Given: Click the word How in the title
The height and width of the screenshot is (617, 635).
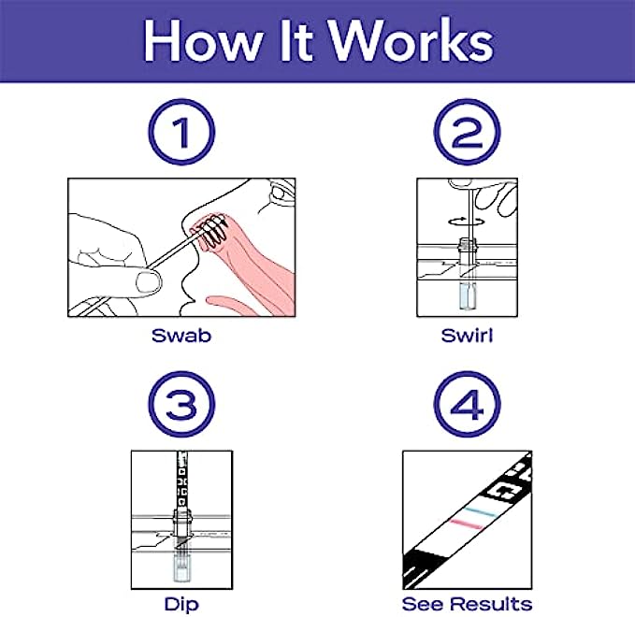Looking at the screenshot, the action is tap(203, 40).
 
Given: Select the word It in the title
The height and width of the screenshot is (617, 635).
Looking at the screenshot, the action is tap(294, 40).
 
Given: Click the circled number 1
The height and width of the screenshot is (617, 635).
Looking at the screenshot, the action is tap(181, 132).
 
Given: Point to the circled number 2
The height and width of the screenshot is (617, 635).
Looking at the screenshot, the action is tap(467, 132).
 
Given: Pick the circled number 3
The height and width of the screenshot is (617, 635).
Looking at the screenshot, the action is tap(181, 404).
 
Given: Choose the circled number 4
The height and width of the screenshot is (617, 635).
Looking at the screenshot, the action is tap(467, 404).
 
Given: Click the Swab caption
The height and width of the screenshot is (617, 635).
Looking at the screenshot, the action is tap(181, 336).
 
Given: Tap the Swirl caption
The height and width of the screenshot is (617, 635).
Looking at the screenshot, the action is tap(467, 336).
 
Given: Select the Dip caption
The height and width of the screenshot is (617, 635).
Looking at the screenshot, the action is tap(181, 605).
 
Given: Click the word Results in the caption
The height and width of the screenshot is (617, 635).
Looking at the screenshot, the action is tap(492, 604).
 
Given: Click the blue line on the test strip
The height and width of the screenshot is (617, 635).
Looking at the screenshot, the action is tap(480, 511).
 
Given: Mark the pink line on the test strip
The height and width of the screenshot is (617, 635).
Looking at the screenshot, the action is tap(467, 524).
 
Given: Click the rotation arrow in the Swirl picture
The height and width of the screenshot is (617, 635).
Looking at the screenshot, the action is tap(467, 221).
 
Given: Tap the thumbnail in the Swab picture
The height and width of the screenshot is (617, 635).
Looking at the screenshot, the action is tap(148, 282).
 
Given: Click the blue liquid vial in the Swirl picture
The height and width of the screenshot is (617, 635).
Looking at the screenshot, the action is tap(468, 296).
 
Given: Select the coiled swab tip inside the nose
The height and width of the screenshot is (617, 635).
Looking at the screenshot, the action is tap(211, 232).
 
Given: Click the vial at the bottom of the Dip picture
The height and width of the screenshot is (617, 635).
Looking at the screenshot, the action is tap(181, 567).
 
